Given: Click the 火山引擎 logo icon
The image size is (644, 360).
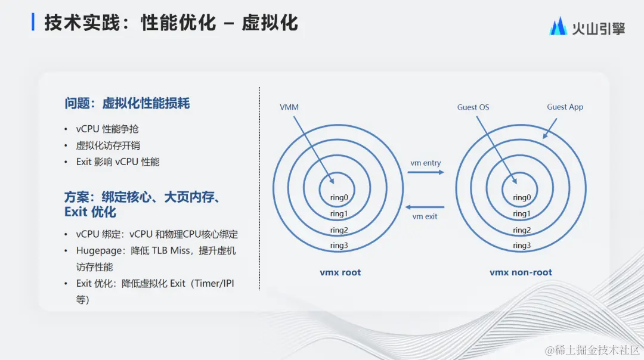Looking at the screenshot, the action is tap(558, 26).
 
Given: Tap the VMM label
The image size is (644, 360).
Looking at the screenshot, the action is tap(289, 107).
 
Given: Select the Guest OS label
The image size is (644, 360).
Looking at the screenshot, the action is tap(473, 107).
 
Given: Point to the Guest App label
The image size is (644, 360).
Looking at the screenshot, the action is tap(565, 107).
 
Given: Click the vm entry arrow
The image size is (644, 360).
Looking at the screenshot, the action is tap(425, 172).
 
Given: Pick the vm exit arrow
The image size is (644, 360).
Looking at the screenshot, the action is tap(425, 207).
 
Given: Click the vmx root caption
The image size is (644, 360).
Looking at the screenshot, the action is tap(340, 272).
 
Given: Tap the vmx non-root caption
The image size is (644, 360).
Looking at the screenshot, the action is tap(521, 272).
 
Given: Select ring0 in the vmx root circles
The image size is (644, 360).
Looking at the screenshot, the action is tap(339, 198).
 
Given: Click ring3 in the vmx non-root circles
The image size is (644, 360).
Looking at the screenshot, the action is tap(521, 246).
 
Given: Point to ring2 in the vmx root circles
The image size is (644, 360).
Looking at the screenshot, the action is tap(339, 230).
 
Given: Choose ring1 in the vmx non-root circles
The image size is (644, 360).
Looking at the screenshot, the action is tap(521, 214).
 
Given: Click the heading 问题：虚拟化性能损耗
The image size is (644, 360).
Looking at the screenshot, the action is tap(127, 104).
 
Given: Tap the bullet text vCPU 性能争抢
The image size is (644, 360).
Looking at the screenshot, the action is tap(107, 129).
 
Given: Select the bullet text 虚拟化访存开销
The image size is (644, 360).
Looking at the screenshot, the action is tap(108, 145).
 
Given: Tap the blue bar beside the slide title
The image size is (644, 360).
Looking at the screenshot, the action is tap(33, 23).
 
